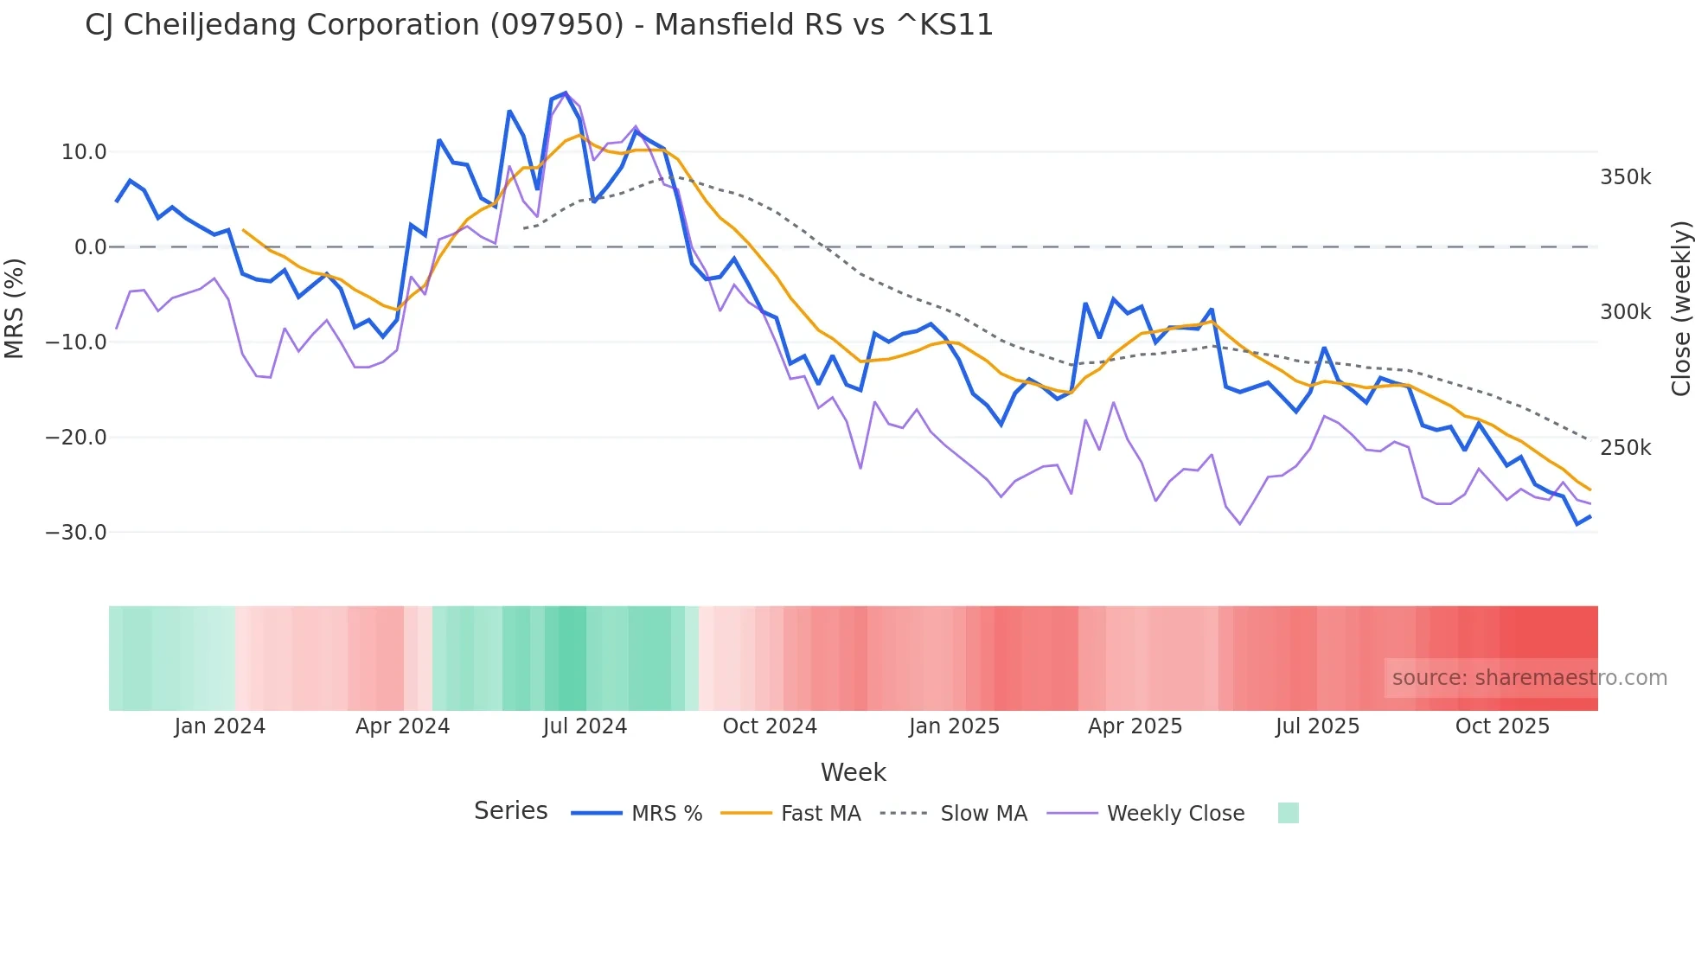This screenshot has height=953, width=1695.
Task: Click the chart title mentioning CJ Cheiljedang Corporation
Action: (x=539, y=24)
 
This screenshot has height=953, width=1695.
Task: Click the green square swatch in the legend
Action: (x=1288, y=813)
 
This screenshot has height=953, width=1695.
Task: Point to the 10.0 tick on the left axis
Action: (x=84, y=152)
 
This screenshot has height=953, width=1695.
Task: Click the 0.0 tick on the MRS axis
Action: (x=90, y=247)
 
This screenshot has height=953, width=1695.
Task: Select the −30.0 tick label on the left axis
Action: (x=76, y=533)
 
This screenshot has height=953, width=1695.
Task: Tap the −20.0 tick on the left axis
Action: (x=76, y=438)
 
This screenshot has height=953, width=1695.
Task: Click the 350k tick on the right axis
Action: (x=1625, y=177)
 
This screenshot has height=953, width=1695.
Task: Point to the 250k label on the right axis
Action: (x=1625, y=448)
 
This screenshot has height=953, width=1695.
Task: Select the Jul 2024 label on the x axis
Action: (x=585, y=726)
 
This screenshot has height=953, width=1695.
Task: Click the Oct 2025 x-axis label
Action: (x=1502, y=726)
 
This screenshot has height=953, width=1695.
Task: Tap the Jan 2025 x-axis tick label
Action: (x=954, y=726)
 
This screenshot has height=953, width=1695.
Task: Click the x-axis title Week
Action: (x=853, y=772)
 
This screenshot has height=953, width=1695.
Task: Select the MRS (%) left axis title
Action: (x=15, y=308)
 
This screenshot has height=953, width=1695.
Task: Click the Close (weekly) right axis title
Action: (x=1680, y=308)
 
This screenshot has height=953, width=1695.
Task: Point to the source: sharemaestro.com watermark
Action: (x=1529, y=678)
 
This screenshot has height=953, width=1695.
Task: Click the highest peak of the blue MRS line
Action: (x=566, y=93)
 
